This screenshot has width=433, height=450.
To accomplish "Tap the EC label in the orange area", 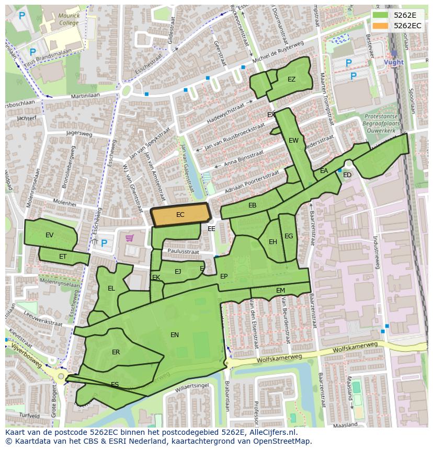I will pos(180,215).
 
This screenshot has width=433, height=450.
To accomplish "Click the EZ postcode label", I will pos(291,79).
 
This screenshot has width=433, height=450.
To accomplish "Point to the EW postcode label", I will pos(293,141).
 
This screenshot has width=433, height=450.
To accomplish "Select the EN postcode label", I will pos(175,335).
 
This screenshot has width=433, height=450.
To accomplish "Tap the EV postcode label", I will pos(50,235).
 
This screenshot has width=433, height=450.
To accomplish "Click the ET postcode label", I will pos(63,257).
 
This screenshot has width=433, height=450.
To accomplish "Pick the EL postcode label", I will pos(111,289).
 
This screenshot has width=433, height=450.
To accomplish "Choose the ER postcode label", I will pos(116,352).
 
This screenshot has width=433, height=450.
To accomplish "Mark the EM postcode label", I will pos(280,291).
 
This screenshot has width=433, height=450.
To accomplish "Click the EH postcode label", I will pos(273,242).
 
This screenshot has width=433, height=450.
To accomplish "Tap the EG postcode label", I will pos(289,236).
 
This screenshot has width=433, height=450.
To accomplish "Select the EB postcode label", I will pos(253,205).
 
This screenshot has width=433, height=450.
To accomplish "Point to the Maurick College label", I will pos(69,19).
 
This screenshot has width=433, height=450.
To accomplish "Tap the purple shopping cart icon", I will pos(129,238).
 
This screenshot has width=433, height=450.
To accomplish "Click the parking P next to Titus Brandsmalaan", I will pos(32,52).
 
